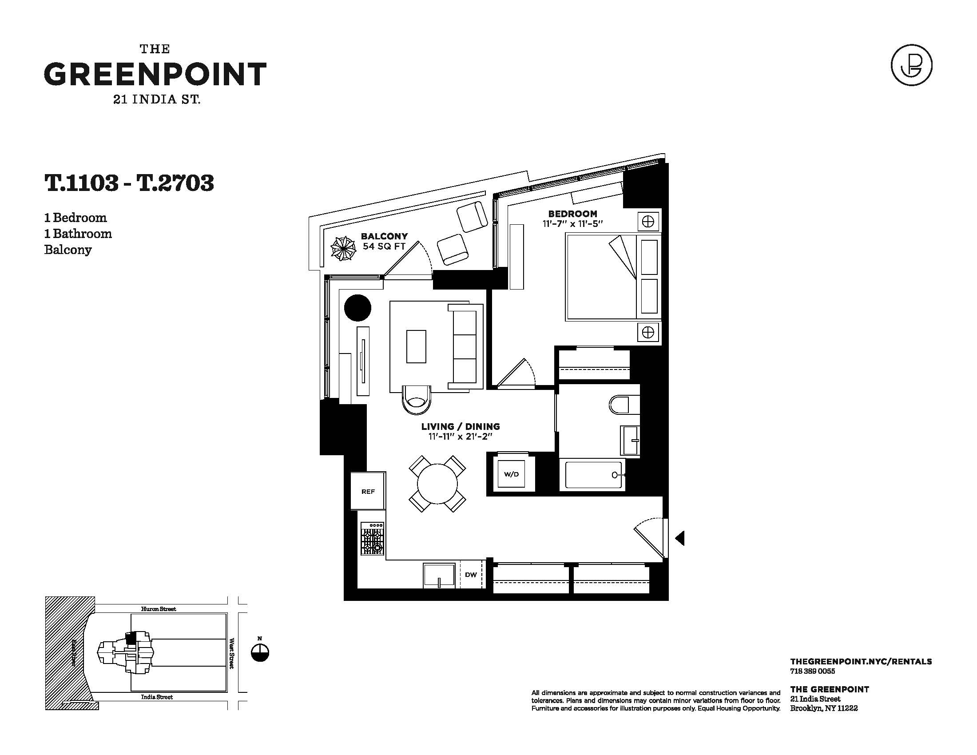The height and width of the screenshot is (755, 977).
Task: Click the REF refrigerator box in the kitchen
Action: click(368, 490)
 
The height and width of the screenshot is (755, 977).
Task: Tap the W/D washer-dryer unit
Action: click(511, 474)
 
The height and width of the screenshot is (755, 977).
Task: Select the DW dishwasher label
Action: click(471, 575)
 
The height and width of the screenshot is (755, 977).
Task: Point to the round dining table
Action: click(437, 484)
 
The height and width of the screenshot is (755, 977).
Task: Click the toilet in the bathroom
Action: click(624, 404)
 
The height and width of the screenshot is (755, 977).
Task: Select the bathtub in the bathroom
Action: click(594, 475)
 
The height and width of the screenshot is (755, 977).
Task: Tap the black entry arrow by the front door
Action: click(680, 538)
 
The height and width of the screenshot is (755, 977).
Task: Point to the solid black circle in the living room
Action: click(358, 308)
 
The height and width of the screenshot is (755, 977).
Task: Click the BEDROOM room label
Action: click(572, 214)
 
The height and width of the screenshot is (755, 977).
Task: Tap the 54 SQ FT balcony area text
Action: click(384, 246)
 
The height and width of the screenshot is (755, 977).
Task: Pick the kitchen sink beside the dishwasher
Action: click(439, 576)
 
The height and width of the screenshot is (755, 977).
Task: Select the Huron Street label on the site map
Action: click(159, 609)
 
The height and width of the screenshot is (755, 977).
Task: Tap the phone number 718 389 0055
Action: click(812, 671)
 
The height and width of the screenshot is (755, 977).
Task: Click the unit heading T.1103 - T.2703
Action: click(129, 183)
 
